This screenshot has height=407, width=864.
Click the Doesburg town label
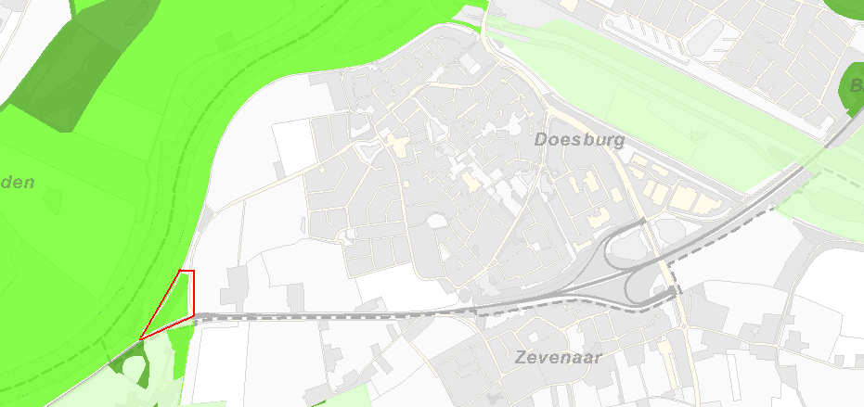(580, 140)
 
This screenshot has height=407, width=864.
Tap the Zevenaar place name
(559, 357)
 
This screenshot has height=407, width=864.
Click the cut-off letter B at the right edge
(856, 86)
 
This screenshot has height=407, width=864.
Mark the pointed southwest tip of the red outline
(141, 338)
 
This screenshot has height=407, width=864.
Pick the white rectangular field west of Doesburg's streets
(294, 146)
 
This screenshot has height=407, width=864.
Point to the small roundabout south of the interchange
(684, 327)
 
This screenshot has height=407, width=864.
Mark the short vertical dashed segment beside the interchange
(669, 275)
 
